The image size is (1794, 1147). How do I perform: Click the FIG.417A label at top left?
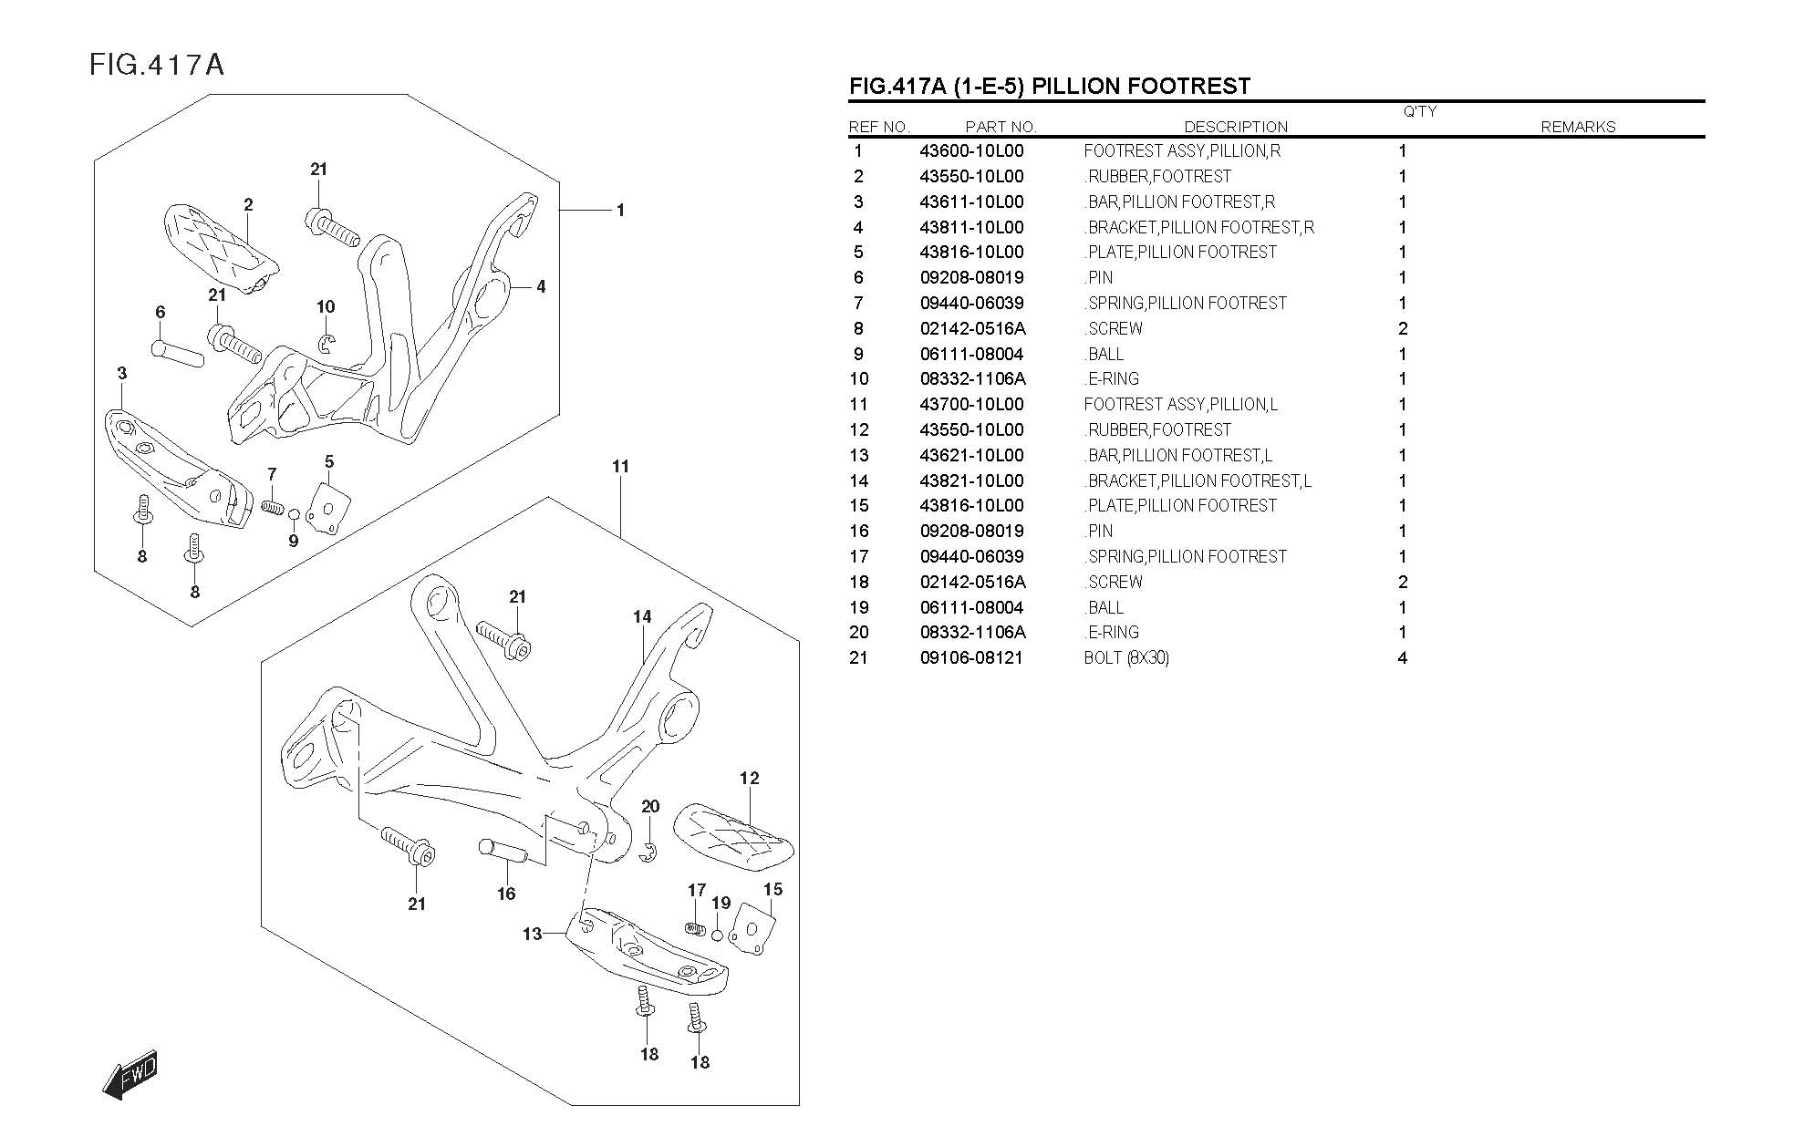[x=157, y=66]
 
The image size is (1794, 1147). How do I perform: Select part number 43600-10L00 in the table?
[x=971, y=151]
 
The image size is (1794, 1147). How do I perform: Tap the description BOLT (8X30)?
[x=1125, y=658]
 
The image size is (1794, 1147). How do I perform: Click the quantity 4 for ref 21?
[x=1403, y=658]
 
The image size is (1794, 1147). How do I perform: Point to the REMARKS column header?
[x=1578, y=128]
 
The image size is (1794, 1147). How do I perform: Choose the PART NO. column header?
[x=1001, y=128]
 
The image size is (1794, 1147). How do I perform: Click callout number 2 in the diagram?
[x=248, y=205]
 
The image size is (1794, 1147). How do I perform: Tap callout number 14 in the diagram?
[x=642, y=617]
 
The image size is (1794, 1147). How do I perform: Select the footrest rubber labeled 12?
[x=734, y=837]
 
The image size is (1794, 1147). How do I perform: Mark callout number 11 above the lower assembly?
[x=620, y=467]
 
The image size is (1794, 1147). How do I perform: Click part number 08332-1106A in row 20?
[x=972, y=633]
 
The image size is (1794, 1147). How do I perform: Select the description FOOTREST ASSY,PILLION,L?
[x=1180, y=405]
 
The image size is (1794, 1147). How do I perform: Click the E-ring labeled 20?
[x=648, y=853]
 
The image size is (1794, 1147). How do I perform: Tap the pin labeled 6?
[x=177, y=352]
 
